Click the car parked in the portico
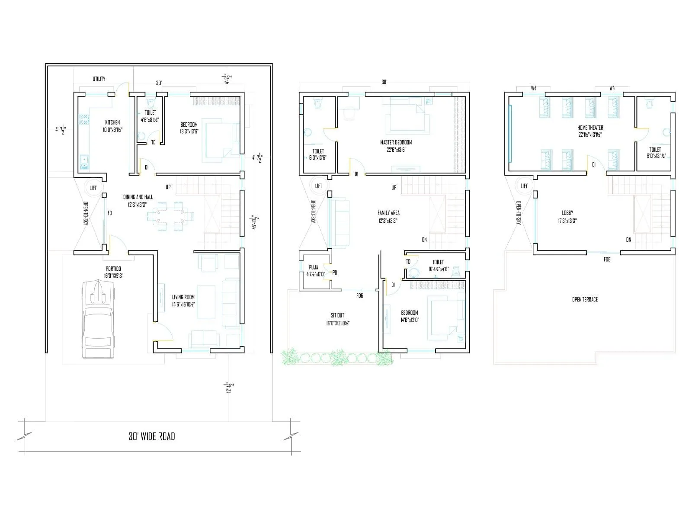click(x=99, y=319)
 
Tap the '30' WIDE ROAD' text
click(x=152, y=436)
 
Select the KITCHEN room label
click(x=112, y=122)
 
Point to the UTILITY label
click(x=99, y=79)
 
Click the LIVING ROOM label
click(x=183, y=297)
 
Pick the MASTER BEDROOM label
click(x=396, y=142)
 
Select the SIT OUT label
click(x=337, y=315)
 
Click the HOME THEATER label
click(x=590, y=128)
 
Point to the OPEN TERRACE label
click(x=585, y=299)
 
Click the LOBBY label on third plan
click(x=567, y=213)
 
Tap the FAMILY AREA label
click(x=388, y=213)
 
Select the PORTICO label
click(x=113, y=269)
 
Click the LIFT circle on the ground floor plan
click(x=93, y=188)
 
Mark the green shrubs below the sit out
click(x=335, y=357)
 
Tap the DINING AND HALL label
click(x=138, y=197)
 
